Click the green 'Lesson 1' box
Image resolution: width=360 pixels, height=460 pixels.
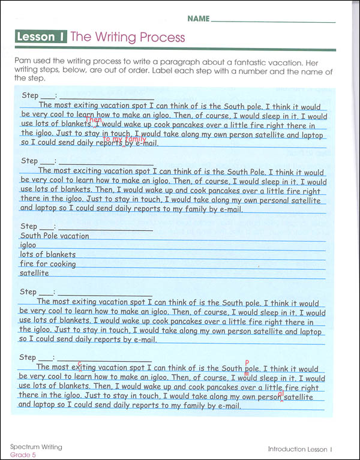coord(41,37)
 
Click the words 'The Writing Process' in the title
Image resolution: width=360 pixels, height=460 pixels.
coord(128,37)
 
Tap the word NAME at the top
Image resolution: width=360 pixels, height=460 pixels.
coord(198,19)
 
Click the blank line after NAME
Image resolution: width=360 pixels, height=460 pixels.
coord(273,21)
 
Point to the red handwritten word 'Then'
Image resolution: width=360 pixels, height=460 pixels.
coord(94,120)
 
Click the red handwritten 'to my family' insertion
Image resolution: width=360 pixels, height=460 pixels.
coord(125,139)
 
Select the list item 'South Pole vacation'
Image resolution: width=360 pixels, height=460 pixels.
coord(55,236)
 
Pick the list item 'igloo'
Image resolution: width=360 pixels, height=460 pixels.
coord(28,245)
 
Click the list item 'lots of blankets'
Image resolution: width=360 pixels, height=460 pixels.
coord(48,255)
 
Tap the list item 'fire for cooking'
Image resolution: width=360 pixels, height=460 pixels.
coord(48,264)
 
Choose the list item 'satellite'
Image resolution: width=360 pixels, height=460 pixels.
coord(34,273)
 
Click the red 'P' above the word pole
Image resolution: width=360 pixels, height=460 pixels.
coord(247,362)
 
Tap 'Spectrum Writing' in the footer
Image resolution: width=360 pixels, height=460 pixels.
coord(36,447)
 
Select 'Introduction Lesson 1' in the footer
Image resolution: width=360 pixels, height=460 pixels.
coord(300,449)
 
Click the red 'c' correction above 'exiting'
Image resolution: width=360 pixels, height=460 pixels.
coord(79,361)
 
